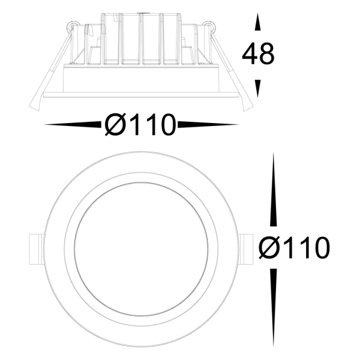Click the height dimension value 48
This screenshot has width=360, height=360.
pyautogui.click(x=258, y=55)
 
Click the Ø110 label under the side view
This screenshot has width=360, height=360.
pyautogui.click(x=140, y=126)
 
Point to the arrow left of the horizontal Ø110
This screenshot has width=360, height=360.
pyautogui.click(x=72, y=125)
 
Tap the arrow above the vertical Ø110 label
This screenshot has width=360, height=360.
pyautogui.click(x=274, y=192)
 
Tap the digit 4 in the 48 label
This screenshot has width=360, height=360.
pyautogui.click(x=250, y=55)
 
